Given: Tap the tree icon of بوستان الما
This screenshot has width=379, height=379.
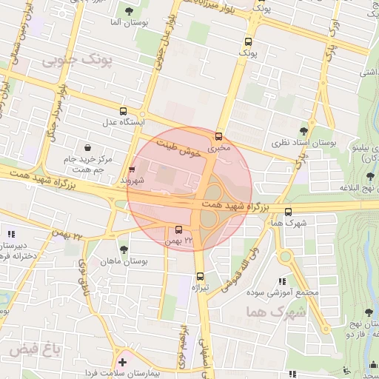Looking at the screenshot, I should click(130, 10).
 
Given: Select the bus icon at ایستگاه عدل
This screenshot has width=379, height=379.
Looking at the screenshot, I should click(124, 110).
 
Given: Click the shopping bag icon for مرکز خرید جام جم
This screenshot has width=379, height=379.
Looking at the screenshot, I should click(88, 148).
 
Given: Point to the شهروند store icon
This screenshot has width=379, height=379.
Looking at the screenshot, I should click(133, 170).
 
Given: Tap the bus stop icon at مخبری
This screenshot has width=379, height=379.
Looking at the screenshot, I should click(218, 136).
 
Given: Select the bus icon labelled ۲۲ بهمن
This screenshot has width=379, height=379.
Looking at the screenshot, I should click(178, 229).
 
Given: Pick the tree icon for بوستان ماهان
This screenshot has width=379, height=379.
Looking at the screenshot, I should click(124, 250).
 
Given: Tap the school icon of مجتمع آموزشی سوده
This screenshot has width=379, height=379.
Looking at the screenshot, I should click(281, 281).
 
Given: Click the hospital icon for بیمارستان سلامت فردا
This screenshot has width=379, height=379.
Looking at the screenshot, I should click(123, 362).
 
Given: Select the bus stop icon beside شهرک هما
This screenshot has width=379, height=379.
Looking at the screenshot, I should click(288, 211).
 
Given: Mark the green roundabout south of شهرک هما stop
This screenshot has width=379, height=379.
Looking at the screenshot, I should click(286, 257).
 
